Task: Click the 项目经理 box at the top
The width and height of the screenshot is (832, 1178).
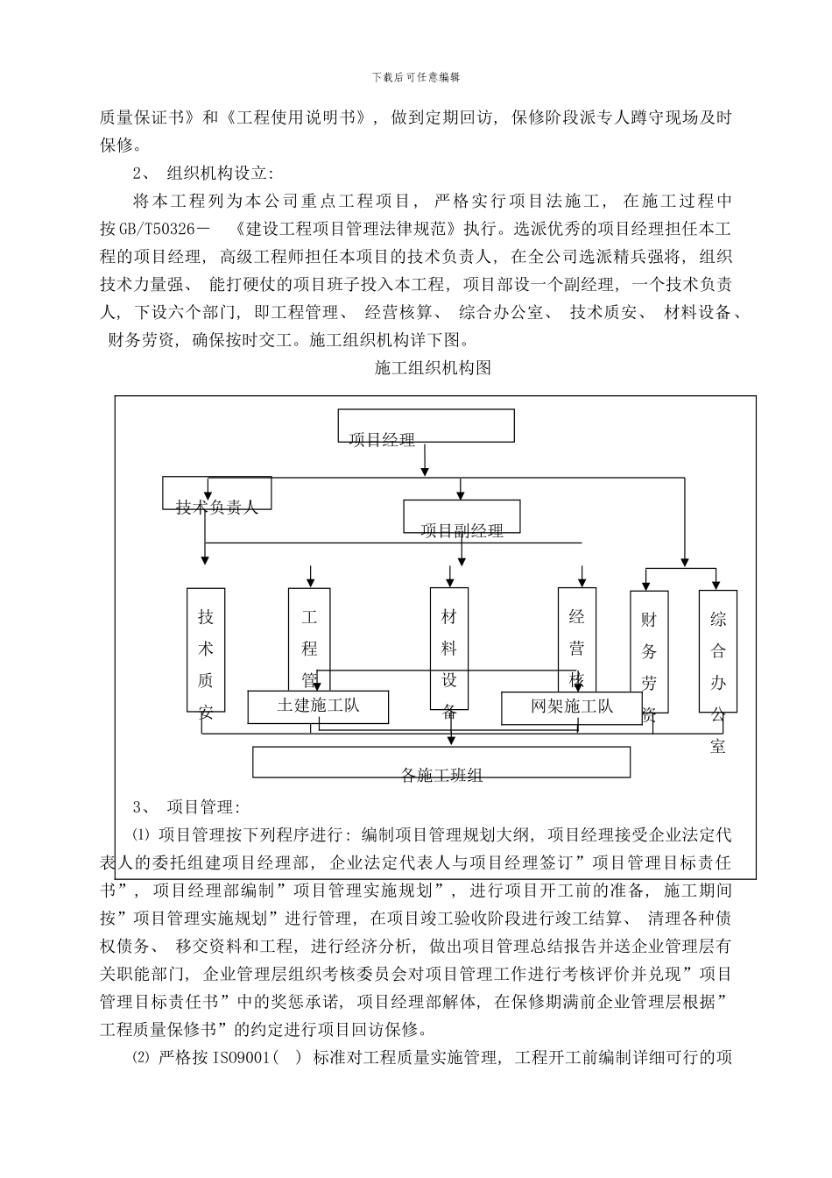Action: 426,427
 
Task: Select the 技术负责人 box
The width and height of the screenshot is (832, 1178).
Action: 217,494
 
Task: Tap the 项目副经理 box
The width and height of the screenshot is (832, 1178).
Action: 462,517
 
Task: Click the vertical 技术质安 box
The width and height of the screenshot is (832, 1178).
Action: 206,649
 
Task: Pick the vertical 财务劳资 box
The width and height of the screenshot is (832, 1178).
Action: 649,652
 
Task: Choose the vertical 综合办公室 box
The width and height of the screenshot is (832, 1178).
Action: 717,650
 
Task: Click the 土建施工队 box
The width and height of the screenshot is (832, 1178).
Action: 318,706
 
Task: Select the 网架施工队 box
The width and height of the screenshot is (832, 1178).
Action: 572,707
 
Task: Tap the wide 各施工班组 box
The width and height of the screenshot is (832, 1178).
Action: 441,763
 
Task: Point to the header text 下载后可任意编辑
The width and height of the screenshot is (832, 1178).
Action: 416,77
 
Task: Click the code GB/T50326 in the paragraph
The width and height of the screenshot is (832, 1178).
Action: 166,230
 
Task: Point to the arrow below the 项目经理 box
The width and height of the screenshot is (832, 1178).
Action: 425,460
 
